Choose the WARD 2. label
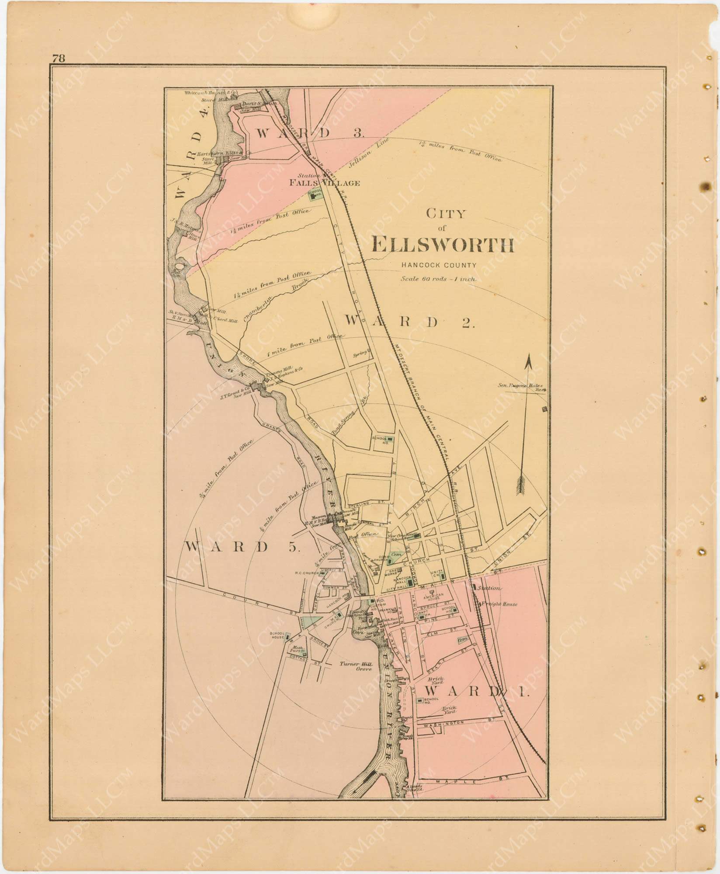click(x=409, y=322)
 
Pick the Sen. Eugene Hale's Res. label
click(x=523, y=386)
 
